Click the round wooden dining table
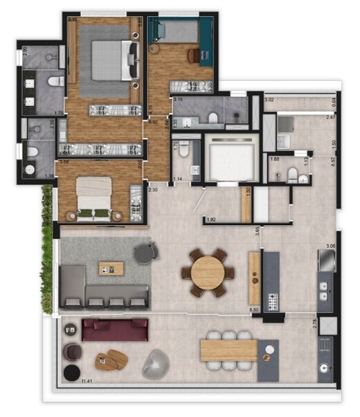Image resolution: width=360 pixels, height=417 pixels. [x=207, y=272]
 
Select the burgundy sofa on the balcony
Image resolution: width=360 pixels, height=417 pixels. [x=115, y=329]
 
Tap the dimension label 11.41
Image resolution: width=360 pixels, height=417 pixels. [x=87, y=381]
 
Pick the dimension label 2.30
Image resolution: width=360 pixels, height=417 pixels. [x=154, y=190]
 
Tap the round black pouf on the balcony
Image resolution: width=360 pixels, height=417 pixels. [x=71, y=373]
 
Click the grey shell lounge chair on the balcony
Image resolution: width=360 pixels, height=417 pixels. [x=155, y=364]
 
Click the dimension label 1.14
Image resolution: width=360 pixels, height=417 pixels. [x=177, y=179]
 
